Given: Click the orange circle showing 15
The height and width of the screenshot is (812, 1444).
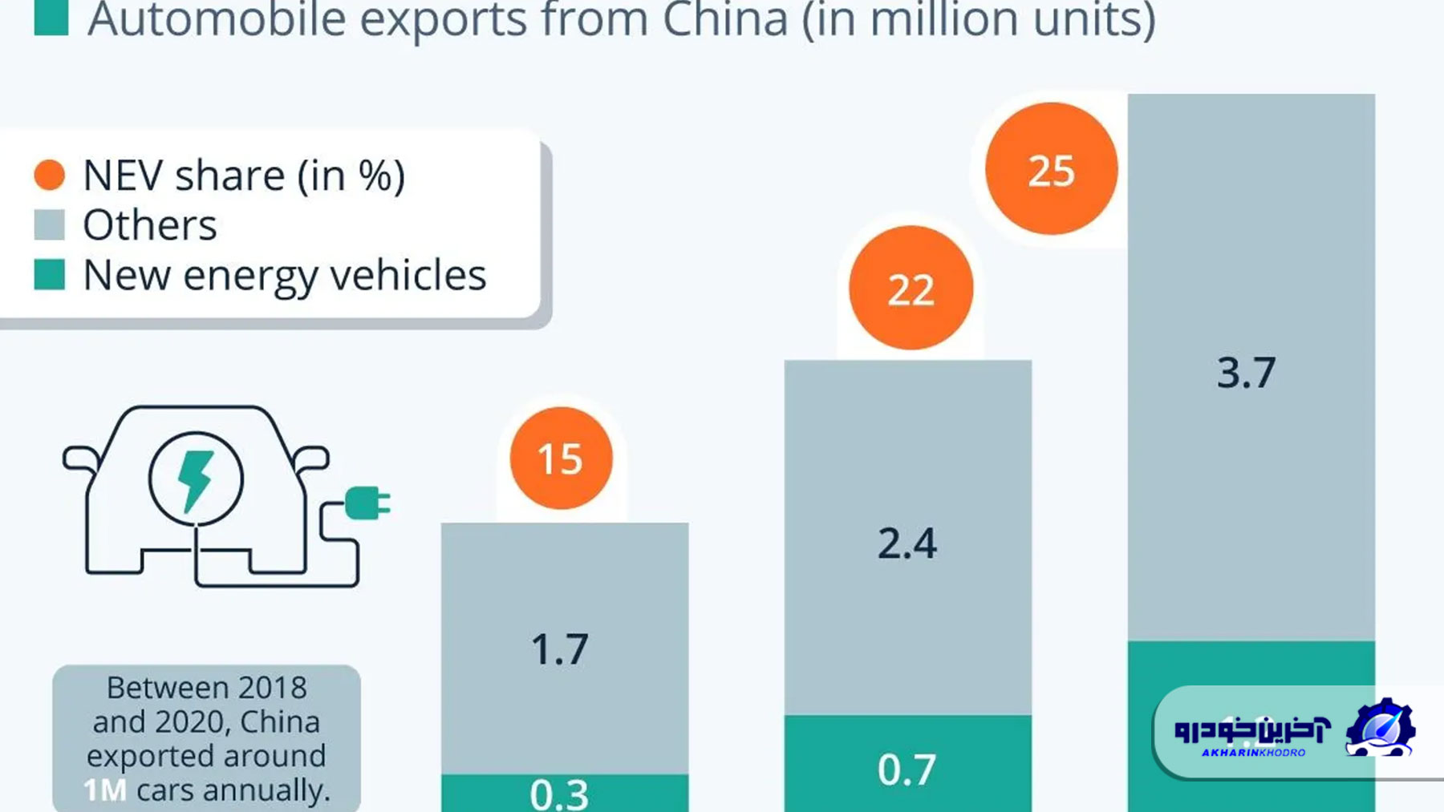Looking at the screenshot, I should click(561, 459).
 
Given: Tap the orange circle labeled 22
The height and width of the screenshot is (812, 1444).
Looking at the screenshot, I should click(911, 289).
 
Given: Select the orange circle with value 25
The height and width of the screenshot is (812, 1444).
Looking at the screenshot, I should click(1051, 169).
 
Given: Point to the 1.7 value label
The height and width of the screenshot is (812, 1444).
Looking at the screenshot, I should click(560, 649).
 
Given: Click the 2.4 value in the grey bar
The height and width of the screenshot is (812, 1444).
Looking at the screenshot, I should click(907, 543).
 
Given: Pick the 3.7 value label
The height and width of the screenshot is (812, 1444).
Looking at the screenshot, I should click(1246, 373).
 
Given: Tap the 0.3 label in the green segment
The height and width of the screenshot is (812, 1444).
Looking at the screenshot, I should click(559, 794).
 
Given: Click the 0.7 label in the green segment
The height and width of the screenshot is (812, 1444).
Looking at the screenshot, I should click(907, 770).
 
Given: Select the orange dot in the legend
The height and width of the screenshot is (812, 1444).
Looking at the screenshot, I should click(50, 175).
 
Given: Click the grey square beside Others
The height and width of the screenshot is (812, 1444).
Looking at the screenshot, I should click(50, 225).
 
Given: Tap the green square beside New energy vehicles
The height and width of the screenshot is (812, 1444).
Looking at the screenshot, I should click(50, 275).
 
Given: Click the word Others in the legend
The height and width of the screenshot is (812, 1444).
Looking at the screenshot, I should click(150, 225).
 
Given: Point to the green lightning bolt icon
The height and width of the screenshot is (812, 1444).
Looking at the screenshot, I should click(195, 480).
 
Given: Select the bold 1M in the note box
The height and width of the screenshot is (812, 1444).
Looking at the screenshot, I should click(105, 790).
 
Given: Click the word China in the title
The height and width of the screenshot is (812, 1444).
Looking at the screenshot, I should click(726, 19).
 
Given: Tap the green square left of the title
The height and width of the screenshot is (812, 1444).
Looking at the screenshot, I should click(51, 18).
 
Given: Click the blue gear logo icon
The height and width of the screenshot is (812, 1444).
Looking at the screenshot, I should click(1381, 728).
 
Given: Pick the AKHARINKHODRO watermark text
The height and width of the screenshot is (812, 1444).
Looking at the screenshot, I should click(1253, 753).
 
